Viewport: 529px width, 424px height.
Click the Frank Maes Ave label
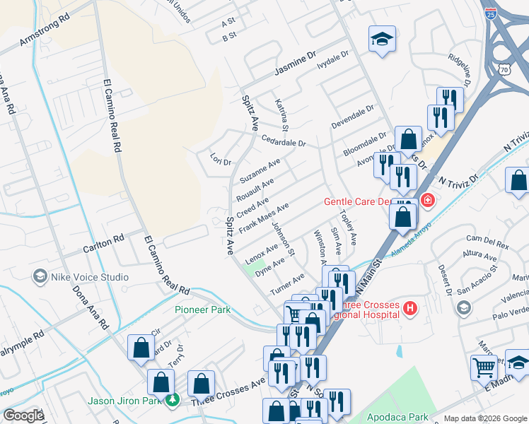263,218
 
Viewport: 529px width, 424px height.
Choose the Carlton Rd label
103,245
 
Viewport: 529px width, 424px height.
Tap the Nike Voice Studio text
89,277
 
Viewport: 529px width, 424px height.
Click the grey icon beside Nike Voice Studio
40,276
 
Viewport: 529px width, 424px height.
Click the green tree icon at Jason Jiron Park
173,401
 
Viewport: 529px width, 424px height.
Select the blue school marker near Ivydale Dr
382,40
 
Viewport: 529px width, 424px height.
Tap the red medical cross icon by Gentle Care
426,201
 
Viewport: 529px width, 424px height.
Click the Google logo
23,416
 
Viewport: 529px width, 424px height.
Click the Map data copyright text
485,418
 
